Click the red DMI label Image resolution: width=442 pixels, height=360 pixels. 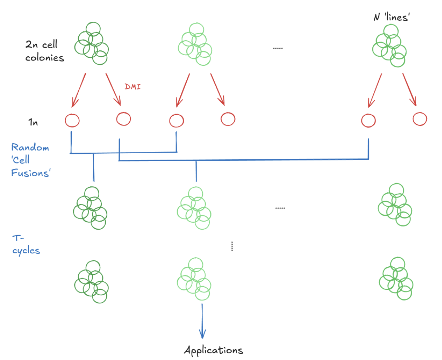[133, 87]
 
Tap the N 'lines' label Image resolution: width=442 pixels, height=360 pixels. [392, 17]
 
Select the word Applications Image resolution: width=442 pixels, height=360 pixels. [213, 350]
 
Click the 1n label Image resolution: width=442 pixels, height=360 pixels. [33, 122]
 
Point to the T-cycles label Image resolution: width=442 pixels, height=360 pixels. [26, 245]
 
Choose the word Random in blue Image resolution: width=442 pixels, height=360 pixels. [30, 147]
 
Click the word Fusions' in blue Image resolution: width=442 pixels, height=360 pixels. [31, 173]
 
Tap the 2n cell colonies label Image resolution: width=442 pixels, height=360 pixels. [44, 51]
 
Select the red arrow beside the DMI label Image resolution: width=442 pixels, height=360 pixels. [113, 89]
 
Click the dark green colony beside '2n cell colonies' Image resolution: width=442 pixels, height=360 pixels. [91, 44]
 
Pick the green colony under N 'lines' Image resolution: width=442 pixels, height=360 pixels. [389, 46]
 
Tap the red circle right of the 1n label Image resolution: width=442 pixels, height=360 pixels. [72, 120]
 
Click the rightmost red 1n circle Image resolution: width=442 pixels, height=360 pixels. [420, 119]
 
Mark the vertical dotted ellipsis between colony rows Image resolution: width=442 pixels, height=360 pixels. [232, 246]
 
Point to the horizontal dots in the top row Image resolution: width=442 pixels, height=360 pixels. [278, 48]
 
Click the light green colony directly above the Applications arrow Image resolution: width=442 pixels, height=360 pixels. [194, 279]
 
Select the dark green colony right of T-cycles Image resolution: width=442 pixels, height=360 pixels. [91, 282]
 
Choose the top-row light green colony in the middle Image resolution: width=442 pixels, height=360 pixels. [195, 44]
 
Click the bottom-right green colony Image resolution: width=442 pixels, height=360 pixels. [396, 279]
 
